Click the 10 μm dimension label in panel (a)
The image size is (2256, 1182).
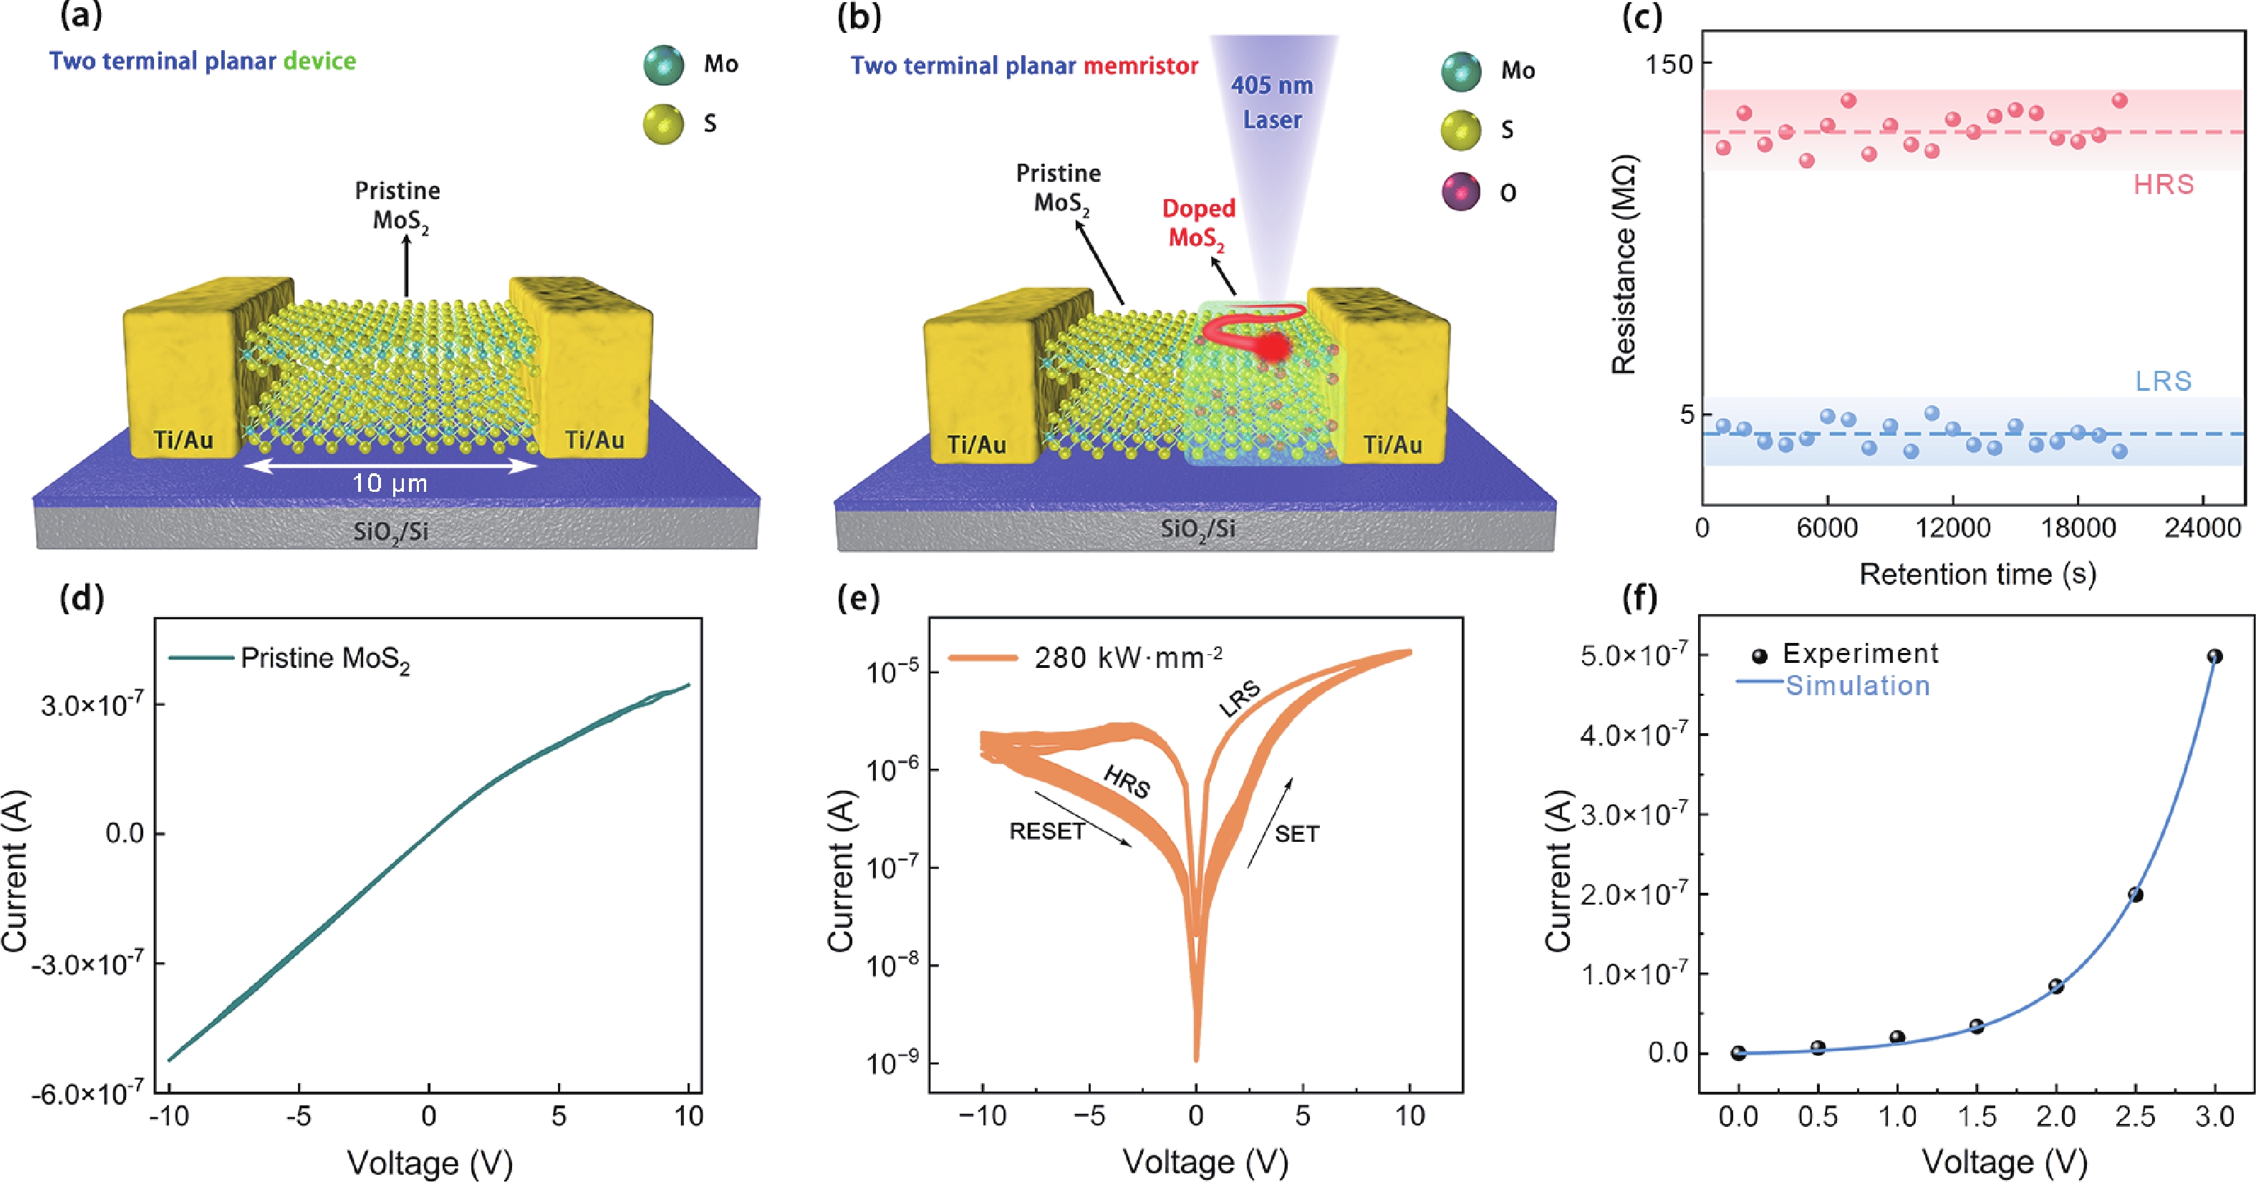(390, 483)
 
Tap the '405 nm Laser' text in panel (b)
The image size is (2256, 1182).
(1273, 102)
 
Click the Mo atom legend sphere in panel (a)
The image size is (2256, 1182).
(663, 64)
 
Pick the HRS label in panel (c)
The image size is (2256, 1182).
(2163, 185)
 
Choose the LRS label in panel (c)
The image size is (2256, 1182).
(2163, 381)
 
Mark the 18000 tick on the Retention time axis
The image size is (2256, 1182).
(2078, 528)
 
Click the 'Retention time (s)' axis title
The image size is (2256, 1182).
(1977, 574)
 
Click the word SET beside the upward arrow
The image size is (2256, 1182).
(1296, 833)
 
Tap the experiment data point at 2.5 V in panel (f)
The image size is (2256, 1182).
(2135, 895)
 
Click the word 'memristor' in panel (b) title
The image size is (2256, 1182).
(1140, 66)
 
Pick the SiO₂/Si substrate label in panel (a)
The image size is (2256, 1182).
(390, 531)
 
